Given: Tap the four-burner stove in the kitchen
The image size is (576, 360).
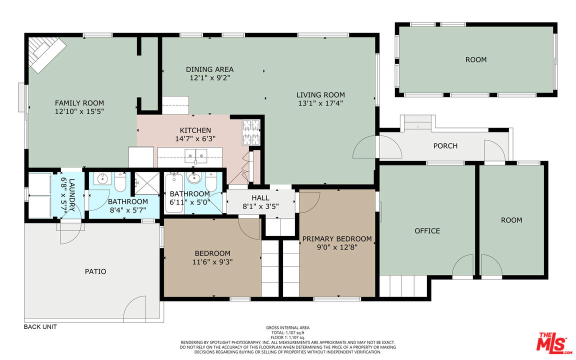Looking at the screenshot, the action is point(251,132).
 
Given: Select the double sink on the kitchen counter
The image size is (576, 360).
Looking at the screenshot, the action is point(196,156).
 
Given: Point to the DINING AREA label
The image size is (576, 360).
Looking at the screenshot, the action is point(210,69).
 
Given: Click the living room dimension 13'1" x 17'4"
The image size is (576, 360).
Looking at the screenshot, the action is point(320,103).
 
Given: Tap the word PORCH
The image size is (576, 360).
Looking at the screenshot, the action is point(445,146).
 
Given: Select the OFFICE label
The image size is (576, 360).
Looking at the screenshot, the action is point(427,230).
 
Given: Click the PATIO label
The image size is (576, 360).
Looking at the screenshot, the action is point(95,271).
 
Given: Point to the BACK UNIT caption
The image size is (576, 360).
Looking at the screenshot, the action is point(40,326).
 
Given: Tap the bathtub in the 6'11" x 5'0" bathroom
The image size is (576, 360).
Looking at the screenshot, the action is point(174,193).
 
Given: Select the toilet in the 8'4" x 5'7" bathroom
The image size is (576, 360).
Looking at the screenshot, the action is point(120,182).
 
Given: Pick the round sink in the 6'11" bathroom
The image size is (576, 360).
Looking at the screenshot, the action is point(194,178).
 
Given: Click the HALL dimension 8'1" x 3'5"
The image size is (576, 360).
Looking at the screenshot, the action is point(260,206).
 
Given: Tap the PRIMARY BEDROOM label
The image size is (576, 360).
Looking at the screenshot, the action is point(337,239).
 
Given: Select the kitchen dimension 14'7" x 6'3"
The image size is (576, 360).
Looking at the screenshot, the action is point(195,139).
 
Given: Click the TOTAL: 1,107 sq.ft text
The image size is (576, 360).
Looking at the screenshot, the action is point(287,332).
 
